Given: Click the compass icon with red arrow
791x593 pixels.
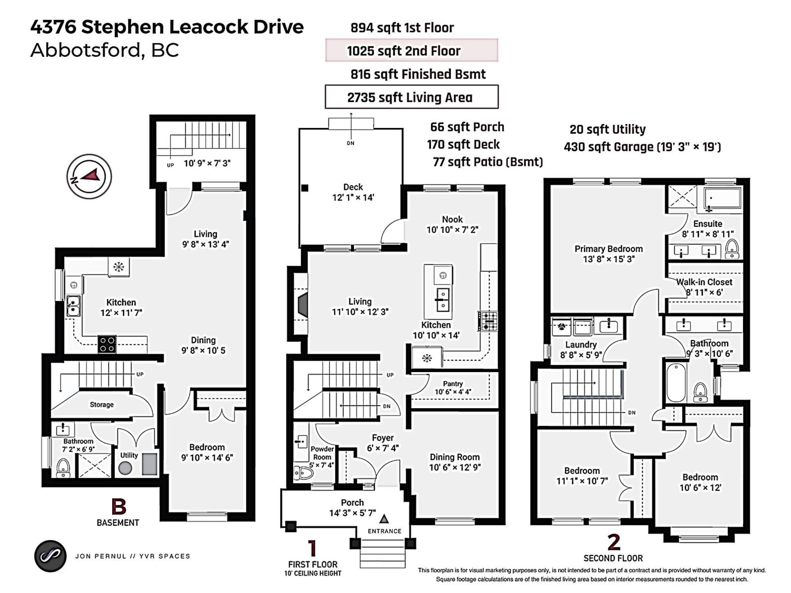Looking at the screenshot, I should [x=89, y=176].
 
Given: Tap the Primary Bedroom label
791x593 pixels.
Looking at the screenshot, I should [x=609, y=249].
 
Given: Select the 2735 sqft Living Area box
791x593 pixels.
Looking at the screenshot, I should [x=411, y=97].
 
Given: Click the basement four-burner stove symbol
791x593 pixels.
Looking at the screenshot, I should [x=107, y=344].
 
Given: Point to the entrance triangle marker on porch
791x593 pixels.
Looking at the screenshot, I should [x=384, y=519].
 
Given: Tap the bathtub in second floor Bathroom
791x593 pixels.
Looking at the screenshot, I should [x=676, y=382].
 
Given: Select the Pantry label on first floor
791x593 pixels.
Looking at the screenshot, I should [x=453, y=383].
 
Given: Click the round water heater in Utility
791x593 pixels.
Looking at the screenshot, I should [x=126, y=467].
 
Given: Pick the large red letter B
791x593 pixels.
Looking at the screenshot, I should [x=119, y=507].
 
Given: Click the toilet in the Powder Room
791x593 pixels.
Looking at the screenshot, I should [x=303, y=473].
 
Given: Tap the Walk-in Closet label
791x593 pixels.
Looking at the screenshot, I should [x=704, y=282].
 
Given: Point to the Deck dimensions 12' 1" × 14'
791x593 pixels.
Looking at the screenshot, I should [x=353, y=197].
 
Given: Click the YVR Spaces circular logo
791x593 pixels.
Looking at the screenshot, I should [x=50, y=556].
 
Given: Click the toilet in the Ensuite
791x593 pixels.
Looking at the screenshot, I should [x=732, y=249].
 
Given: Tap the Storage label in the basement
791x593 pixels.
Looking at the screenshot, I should [x=101, y=404].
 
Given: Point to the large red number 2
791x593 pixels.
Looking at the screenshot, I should [x=614, y=542].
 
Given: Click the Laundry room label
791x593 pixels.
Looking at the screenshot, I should [x=581, y=344].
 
